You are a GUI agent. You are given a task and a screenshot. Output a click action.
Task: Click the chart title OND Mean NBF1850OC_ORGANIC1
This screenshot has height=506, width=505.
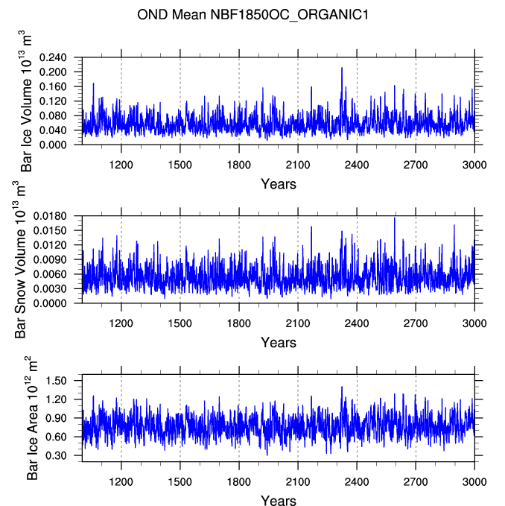252,15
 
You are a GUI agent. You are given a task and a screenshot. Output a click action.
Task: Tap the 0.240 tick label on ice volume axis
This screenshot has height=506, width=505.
53,58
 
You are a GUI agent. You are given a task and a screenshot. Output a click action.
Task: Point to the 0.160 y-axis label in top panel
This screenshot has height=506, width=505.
53,86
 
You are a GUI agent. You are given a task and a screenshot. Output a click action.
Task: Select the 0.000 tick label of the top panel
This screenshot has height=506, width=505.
53,145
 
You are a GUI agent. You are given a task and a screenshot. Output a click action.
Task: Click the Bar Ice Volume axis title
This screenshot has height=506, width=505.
25,101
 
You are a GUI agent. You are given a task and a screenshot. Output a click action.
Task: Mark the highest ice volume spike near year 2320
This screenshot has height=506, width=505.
342,68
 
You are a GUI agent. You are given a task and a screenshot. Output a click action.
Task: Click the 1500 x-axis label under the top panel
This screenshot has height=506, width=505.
180,165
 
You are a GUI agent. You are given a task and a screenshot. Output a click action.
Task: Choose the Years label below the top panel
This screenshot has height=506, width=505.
279,184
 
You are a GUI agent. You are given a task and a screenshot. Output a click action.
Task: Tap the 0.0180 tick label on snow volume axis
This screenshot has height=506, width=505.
50,216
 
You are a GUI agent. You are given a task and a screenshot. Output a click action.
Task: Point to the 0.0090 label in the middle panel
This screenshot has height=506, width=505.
50,260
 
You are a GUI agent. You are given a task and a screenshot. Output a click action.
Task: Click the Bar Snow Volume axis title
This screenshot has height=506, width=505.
19,259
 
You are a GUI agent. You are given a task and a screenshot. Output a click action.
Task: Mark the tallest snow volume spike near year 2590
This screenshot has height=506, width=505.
394,218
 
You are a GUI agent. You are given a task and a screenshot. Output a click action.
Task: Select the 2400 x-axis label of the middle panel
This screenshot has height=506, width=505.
357,323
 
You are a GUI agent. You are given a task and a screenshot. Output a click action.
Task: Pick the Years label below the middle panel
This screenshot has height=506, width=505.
279,343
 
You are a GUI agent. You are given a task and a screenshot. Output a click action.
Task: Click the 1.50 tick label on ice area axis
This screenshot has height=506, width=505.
56,381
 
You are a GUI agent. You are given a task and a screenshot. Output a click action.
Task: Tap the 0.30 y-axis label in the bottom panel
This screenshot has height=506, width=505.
56,455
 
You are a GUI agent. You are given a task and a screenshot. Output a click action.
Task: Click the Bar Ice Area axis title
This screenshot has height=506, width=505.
31,418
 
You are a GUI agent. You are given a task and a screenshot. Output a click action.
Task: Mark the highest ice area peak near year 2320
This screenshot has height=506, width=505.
342,387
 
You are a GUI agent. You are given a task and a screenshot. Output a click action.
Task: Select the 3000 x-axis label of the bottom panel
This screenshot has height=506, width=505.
474,482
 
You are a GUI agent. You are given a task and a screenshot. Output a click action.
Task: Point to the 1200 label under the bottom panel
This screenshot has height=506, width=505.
121,482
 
